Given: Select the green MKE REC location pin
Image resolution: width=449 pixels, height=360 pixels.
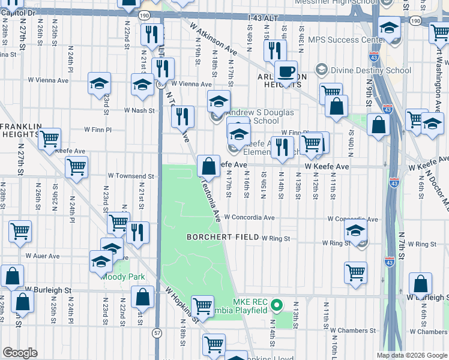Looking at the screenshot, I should (x=277, y=306).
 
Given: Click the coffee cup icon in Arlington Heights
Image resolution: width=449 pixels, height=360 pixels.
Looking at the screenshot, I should (x=286, y=71).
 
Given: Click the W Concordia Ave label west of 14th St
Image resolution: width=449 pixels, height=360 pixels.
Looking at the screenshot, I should (x=249, y=218).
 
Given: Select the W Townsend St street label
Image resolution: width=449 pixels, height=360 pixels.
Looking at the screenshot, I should (x=131, y=176).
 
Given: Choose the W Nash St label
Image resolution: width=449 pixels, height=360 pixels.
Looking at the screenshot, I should (x=139, y=110).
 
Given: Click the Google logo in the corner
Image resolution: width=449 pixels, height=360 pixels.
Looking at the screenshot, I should (x=20, y=353).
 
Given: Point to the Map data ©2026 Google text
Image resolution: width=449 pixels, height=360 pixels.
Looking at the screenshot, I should (x=411, y=355).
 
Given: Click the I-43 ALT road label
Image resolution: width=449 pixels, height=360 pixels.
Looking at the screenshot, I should (x=264, y=19).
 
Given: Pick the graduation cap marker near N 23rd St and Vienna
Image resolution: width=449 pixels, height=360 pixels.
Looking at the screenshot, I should (x=99, y=83).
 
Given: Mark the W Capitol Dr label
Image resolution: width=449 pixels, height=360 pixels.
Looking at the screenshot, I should (x=18, y=12).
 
